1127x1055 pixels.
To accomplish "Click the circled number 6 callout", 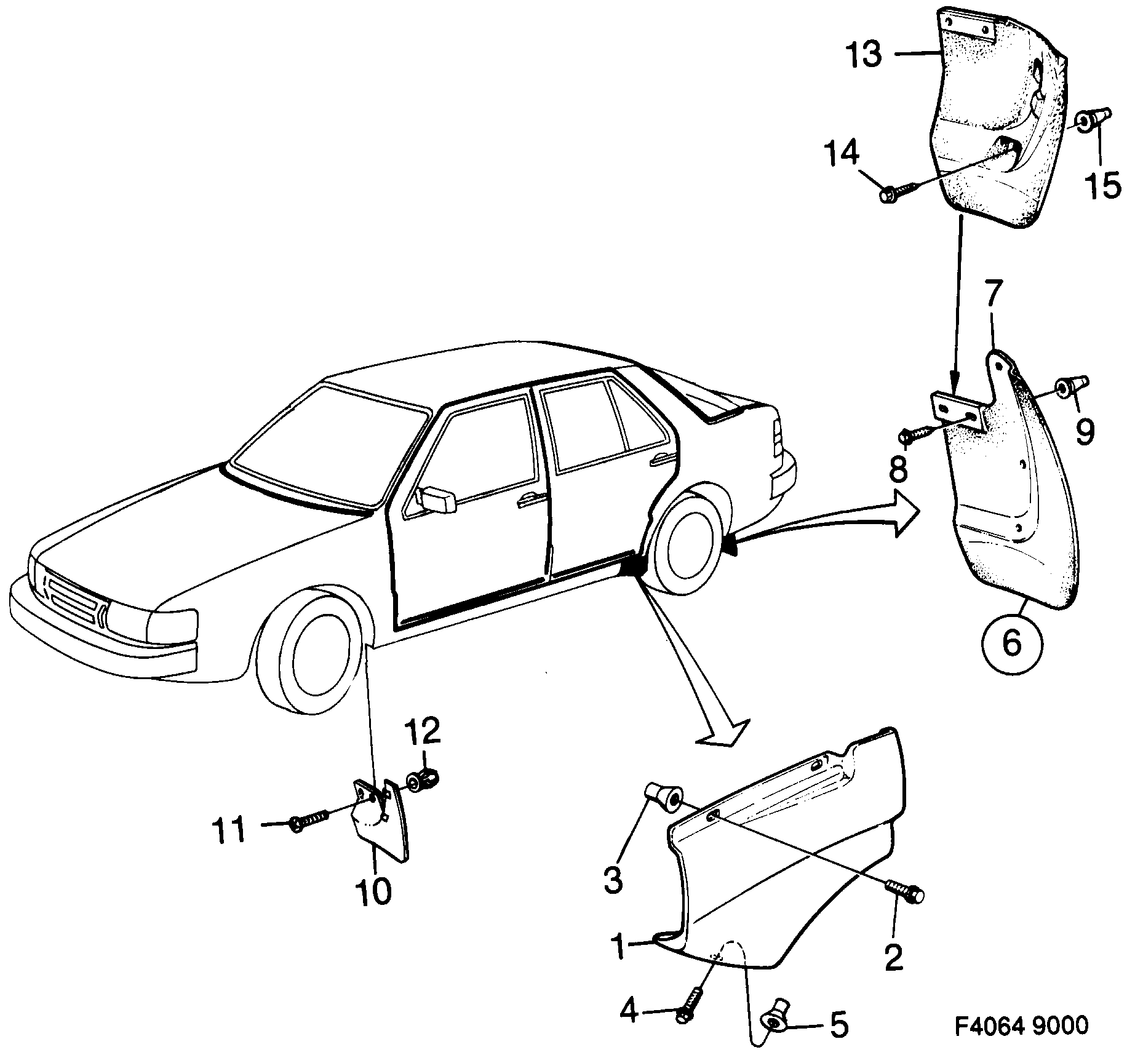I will [1011, 644].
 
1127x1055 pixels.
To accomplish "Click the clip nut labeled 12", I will [423, 782].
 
